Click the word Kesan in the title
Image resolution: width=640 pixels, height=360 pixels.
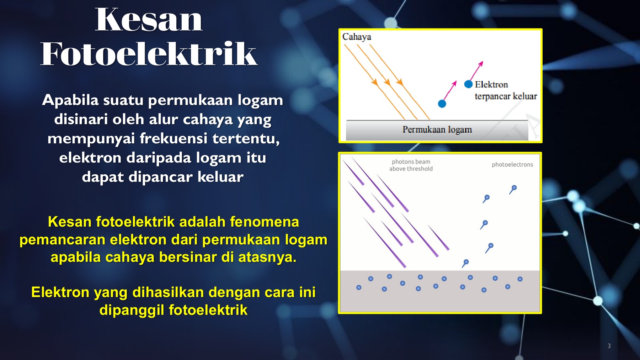[x=149, y=20]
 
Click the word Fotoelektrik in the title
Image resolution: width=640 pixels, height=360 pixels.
[x=149, y=54]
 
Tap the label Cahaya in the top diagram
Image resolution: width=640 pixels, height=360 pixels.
[x=357, y=37]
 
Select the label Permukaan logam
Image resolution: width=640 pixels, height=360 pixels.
[x=437, y=129]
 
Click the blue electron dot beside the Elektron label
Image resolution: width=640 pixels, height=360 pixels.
[x=468, y=84]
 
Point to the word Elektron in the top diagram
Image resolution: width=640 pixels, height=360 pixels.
[x=491, y=85]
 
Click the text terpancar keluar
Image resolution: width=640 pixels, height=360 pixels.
[x=506, y=96]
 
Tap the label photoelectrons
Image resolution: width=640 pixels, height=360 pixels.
[x=512, y=164]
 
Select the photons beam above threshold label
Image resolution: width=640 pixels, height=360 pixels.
[x=411, y=165]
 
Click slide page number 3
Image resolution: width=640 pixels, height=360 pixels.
[x=609, y=346]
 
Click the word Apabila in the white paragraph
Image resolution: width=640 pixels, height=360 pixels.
[x=70, y=100]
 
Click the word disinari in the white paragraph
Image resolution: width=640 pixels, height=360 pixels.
[x=81, y=119]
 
